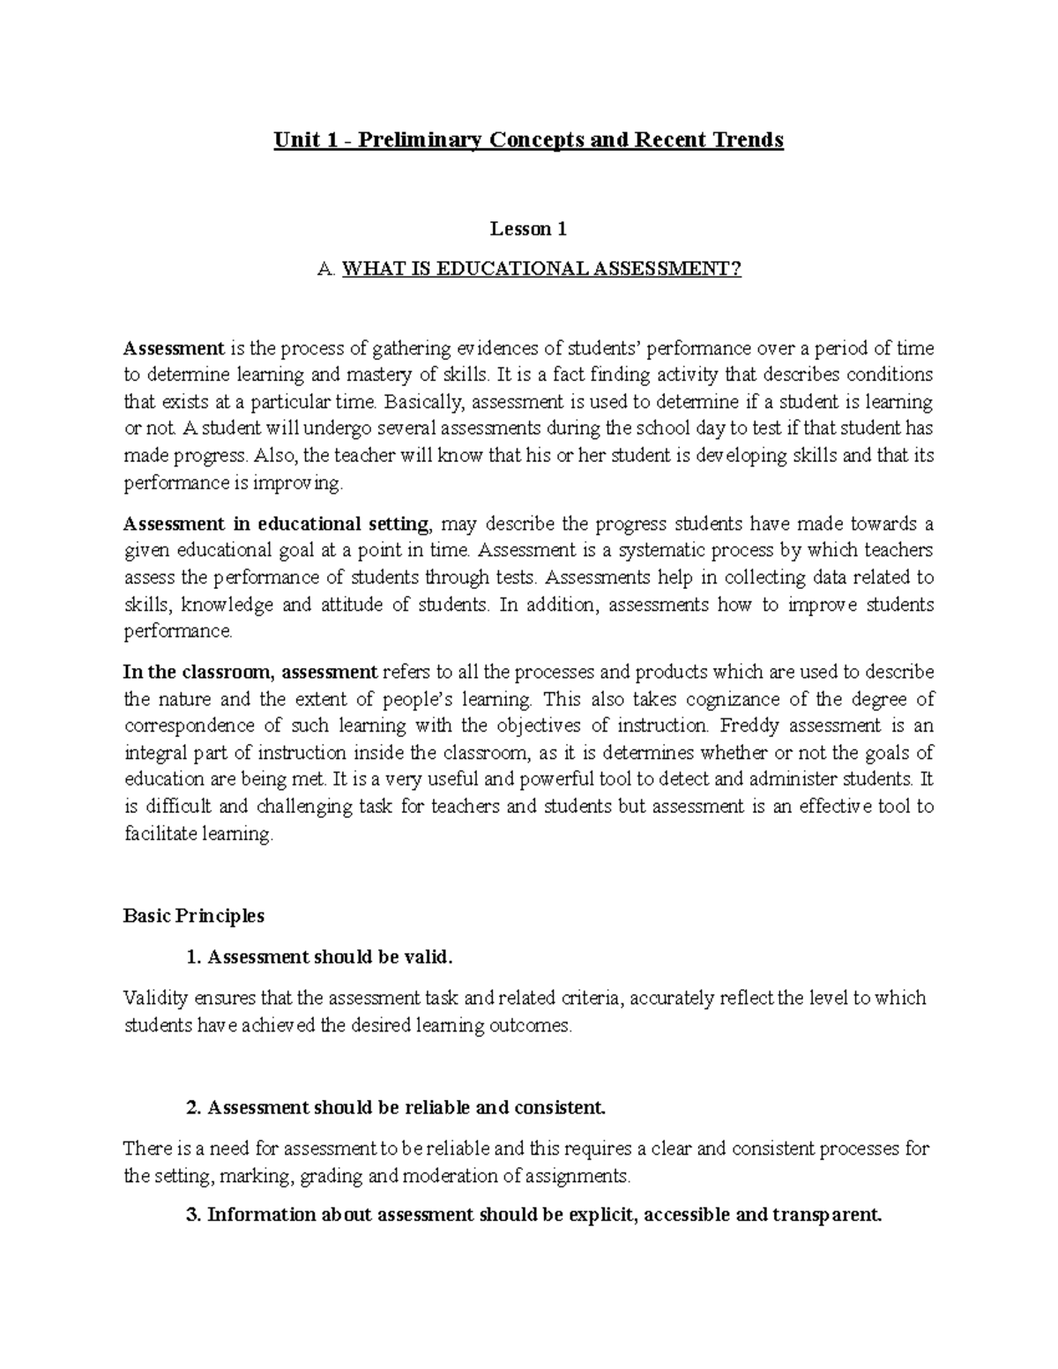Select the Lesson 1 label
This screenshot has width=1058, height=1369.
528,229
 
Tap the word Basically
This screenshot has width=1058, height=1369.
428,402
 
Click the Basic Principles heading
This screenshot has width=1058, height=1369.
194,916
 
